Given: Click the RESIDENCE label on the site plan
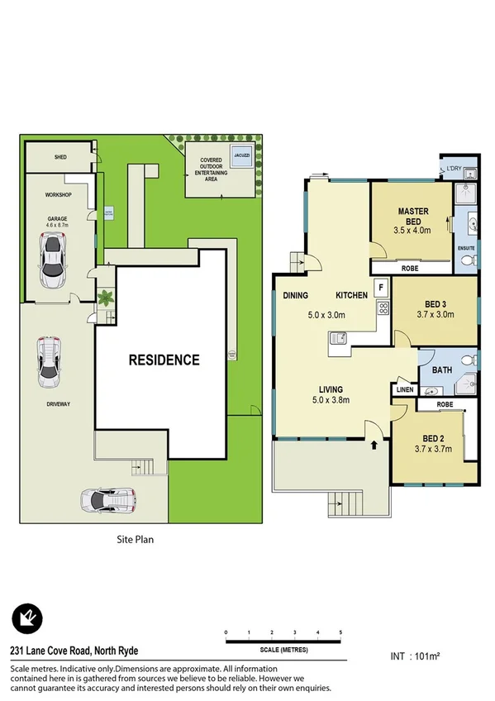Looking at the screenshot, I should pyautogui.click(x=163, y=360).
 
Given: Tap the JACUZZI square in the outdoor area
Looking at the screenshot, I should pyautogui.click(x=241, y=161).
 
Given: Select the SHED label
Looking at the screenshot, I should pyautogui.click(x=60, y=156).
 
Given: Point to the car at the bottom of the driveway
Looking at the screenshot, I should pyautogui.click(x=107, y=500).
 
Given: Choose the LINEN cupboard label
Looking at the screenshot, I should pyautogui.click(x=405, y=389).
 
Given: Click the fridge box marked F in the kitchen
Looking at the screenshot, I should pyautogui.click(x=381, y=288).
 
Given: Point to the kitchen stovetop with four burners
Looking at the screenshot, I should pyautogui.click(x=383, y=308).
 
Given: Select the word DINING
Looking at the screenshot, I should pyautogui.click(x=296, y=295).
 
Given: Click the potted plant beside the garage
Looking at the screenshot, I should pyautogui.click(x=106, y=298).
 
